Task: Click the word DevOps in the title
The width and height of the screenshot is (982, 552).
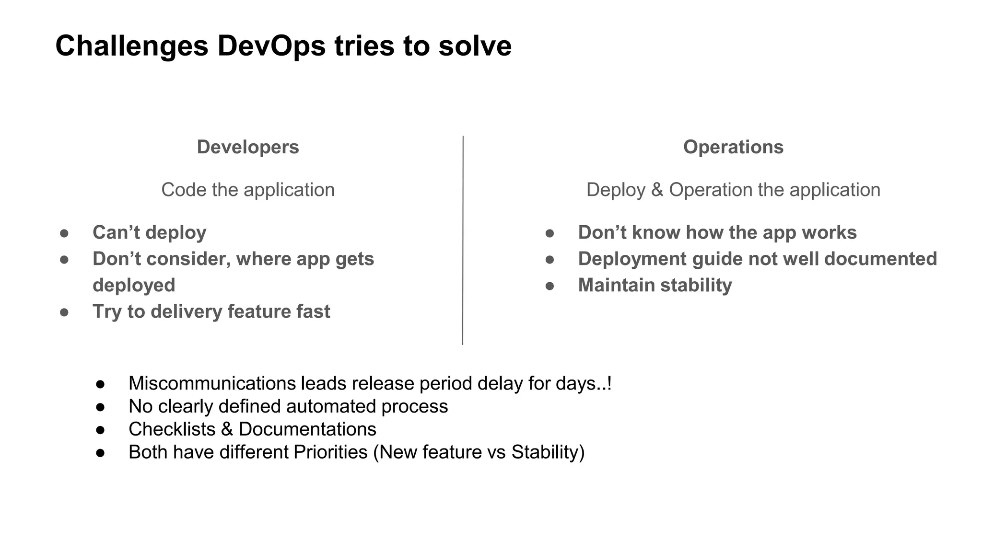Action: (x=271, y=46)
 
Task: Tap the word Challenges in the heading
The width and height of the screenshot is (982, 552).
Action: (x=132, y=46)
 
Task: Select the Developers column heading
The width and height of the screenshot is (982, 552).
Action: (x=247, y=147)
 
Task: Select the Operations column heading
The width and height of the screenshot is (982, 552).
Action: (x=733, y=147)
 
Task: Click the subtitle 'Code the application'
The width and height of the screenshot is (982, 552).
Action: (x=247, y=190)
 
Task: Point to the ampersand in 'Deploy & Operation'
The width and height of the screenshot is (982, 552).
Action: (x=657, y=190)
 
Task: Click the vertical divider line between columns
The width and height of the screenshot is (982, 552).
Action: (x=463, y=240)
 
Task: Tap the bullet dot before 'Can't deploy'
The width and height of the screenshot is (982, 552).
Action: (x=64, y=233)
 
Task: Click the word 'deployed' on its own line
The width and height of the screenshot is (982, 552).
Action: (x=134, y=286)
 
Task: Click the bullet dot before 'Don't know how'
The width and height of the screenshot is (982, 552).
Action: (x=549, y=233)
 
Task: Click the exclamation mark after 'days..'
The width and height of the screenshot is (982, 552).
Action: (x=609, y=383)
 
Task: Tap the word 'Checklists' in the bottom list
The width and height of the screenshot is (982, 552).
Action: (x=172, y=429)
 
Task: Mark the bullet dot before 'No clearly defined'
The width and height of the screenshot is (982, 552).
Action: (x=100, y=407)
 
